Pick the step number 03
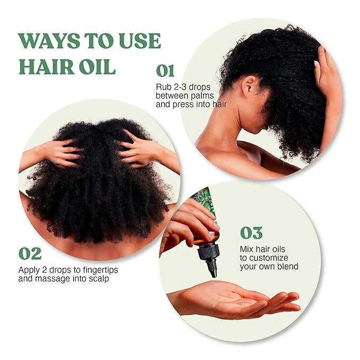(x=252, y=233)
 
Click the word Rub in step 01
(x=163, y=86)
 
